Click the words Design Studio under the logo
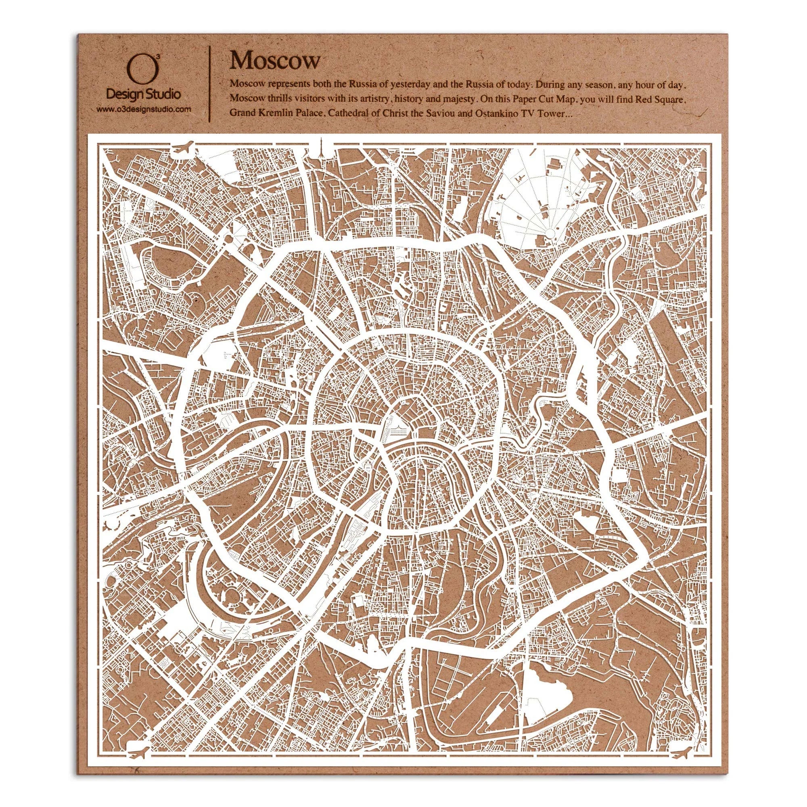pos(144,96)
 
